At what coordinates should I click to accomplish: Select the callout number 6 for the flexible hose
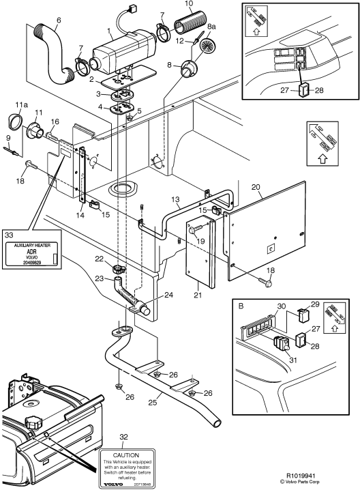coord(58,20)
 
